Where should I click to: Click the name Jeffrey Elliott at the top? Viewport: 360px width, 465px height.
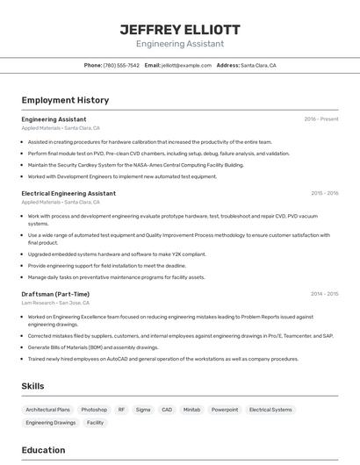click(x=179, y=29)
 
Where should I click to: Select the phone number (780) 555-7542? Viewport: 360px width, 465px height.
click(x=121, y=65)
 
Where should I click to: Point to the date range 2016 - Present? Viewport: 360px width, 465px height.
click(x=320, y=119)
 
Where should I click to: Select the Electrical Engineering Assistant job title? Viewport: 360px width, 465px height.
click(x=68, y=193)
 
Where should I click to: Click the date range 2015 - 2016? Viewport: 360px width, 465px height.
click(x=324, y=193)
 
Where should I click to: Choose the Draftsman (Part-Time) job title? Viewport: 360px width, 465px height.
click(x=55, y=294)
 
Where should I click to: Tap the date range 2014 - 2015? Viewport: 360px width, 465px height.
click(x=324, y=294)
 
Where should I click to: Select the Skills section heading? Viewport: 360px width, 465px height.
click(x=32, y=386)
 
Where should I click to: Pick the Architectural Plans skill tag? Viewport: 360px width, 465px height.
click(x=47, y=410)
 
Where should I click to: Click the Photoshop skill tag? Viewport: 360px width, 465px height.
click(x=94, y=410)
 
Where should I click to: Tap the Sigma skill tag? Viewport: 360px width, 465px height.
click(x=143, y=410)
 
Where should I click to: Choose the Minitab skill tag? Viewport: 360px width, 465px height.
click(x=191, y=410)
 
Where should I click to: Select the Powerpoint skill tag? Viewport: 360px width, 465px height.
click(x=225, y=410)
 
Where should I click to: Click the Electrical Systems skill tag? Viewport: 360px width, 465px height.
click(x=270, y=410)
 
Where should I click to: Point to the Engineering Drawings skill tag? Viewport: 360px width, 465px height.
click(x=51, y=423)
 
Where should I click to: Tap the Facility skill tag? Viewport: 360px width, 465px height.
click(x=95, y=423)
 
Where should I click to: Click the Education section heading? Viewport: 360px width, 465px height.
click(x=43, y=450)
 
